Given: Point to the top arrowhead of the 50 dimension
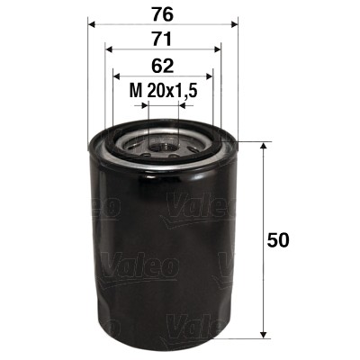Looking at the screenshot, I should click(263, 147).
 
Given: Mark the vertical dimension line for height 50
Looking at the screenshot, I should click(263, 207).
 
